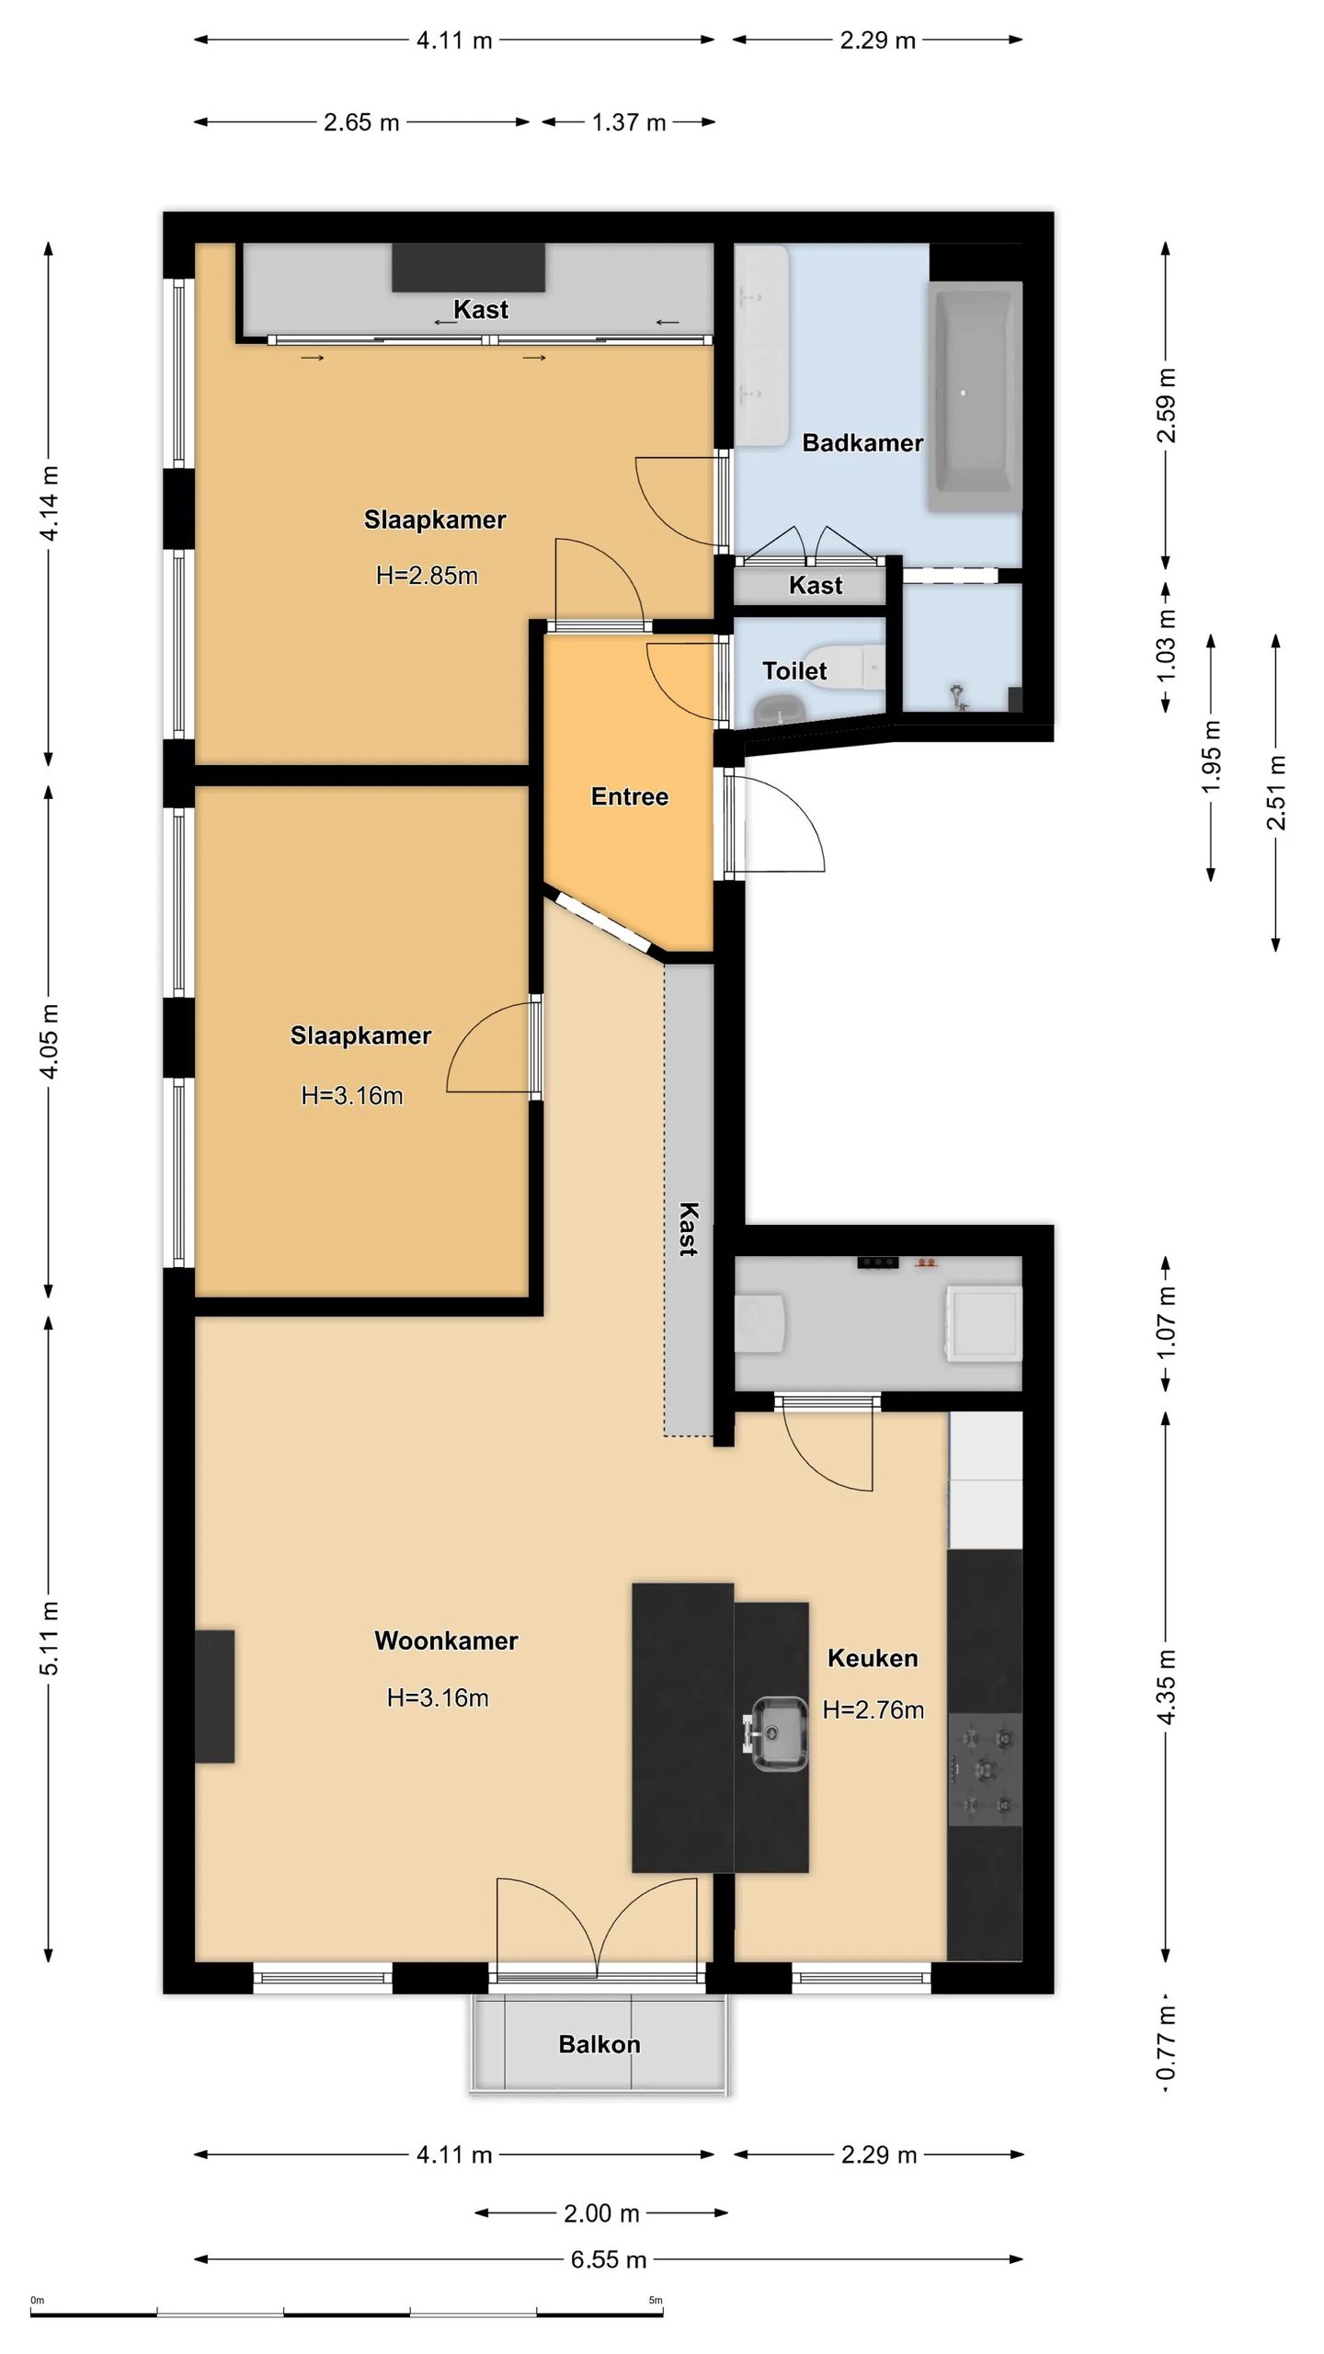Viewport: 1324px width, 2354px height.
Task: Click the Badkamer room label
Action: pos(862,443)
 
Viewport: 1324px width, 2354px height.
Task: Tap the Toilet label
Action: pos(794,671)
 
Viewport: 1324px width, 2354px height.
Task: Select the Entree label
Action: pos(629,796)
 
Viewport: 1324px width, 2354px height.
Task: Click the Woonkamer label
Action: pos(446,1640)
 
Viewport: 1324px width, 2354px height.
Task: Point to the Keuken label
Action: pos(873,1658)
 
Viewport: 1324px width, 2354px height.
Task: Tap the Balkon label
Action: pos(599,2044)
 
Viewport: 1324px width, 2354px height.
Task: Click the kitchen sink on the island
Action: pos(778,1733)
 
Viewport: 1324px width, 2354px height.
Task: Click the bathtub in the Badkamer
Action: pos(976,396)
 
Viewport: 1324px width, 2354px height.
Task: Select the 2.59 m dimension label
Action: pos(1166,406)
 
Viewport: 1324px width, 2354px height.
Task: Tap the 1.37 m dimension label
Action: pos(629,122)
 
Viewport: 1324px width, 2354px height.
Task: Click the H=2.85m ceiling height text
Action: pos(427,576)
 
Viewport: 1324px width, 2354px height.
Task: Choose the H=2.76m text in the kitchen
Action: pos(873,1709)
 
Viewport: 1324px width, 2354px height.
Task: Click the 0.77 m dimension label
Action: pos(1166,2043)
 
